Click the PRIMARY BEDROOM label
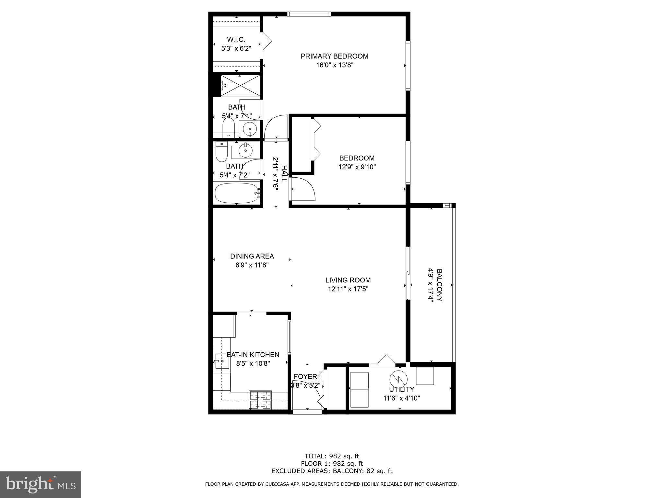(334, 56)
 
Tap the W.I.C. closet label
(236, 40)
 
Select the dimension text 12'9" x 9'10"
(357, 167)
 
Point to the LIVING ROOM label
(348, 280)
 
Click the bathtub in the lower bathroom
(237, 194)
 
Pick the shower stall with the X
(240, 85)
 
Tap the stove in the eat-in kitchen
(260, 400)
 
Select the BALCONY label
(439, 285)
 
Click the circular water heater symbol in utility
(398, 378)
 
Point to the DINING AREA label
(252, 256)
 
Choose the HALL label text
(284, 173)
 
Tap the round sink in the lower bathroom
(246, 150)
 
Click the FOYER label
(305, 376)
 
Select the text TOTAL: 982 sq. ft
(332, 456)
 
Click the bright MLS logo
(41, 484)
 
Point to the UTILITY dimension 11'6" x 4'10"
(402, 398)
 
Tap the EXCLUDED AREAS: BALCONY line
(332, 471)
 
